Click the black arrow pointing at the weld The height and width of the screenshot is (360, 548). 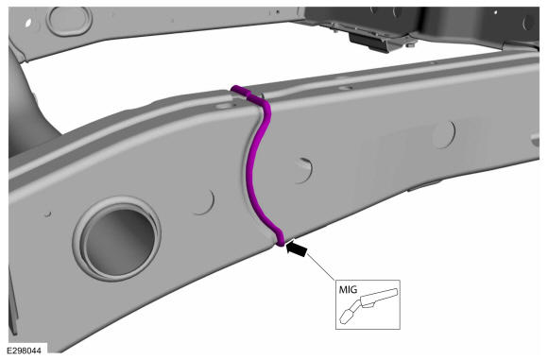[297, 249]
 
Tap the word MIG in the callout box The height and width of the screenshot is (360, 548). [348, 290]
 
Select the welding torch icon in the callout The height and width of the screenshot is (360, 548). [368, 305]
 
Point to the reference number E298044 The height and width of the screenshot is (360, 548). [25, 351]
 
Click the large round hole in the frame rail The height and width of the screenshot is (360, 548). [118, 239]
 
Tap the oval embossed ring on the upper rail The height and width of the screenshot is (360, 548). [69, 20]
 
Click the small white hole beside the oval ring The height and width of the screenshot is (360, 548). [28, 23]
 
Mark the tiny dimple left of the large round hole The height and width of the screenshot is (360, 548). [48, 214]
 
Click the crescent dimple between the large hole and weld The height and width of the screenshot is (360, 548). [205, 202]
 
